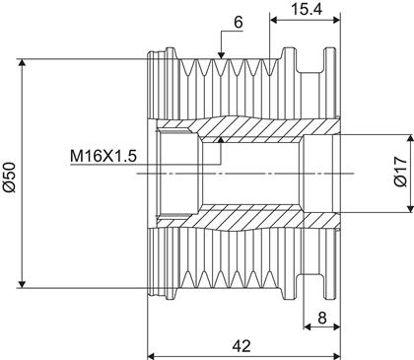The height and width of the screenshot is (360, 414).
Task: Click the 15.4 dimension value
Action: point(307,9)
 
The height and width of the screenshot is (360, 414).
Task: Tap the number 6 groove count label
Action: point(239,23)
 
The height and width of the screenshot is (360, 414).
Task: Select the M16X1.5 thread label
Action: point(103,156)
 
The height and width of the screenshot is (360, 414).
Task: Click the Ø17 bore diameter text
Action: point(400,172)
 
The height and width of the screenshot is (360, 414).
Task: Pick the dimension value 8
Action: point(322,318)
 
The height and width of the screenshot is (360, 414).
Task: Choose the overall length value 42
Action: point(241,346)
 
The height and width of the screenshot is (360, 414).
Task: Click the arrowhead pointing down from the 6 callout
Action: point(221,55)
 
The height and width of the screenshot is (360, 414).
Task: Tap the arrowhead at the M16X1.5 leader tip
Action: point(221,139)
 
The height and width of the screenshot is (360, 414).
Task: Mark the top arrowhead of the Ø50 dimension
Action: point(22,63)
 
